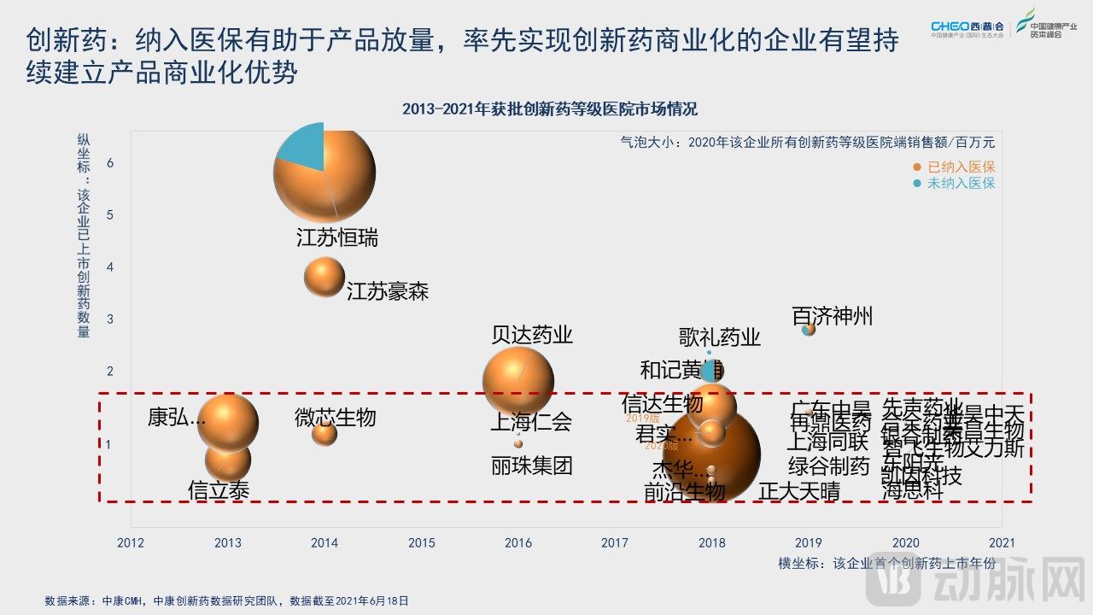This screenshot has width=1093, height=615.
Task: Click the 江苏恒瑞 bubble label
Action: [x=337, y=238]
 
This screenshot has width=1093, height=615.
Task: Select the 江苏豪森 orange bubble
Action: [x=324, y=277]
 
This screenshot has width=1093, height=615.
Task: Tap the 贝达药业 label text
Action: [x=532, y=335]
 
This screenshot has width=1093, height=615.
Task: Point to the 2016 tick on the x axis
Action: [x=518, y=542]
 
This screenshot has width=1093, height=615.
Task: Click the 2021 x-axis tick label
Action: [x=1001, y=542]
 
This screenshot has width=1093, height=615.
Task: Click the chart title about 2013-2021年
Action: [x=550, y=109]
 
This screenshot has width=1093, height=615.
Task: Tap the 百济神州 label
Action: [x=833, y=317]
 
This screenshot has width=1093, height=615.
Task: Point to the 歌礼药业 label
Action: [x=720, y=337]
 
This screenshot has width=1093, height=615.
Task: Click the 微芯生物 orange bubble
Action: [x=324, y=433]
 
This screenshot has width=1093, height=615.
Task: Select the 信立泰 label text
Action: [x=219, y=490]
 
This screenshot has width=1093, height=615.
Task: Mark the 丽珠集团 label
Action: [x=532, y=466]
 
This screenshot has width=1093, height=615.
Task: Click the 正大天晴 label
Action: [x=799, y=491]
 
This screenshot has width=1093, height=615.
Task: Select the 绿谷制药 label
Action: [x=828, y=466]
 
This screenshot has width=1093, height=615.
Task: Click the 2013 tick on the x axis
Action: [x=228, y=542]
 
